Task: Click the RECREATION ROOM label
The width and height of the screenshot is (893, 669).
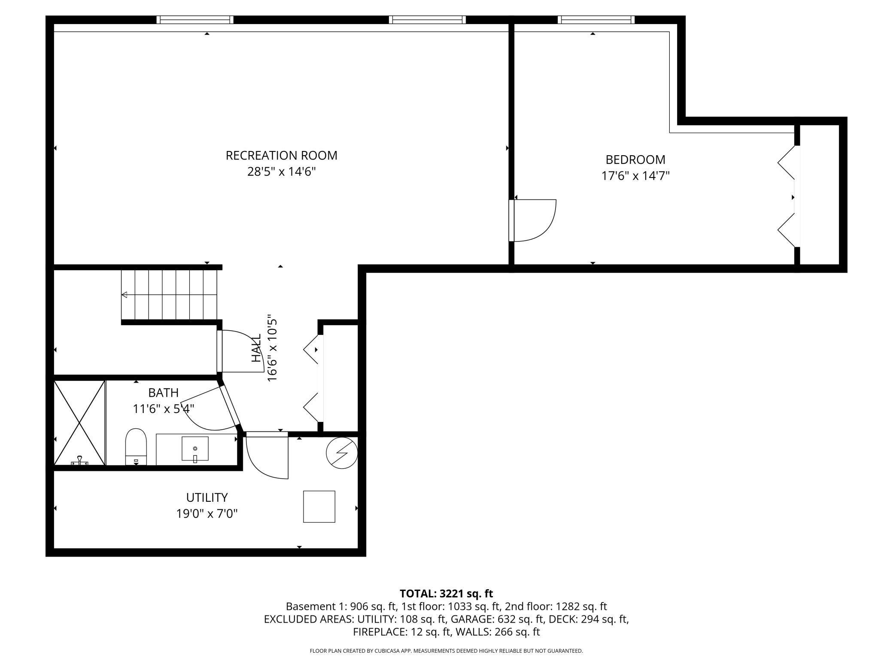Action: [281, 155]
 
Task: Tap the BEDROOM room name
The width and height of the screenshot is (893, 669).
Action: [635, 160]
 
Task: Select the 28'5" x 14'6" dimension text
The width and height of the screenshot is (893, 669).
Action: [281, 172]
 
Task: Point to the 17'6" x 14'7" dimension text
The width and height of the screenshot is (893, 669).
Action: [635, 176]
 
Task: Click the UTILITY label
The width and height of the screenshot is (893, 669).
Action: [207, 497]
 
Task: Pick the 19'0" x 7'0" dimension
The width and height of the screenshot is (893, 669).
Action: [207, 513]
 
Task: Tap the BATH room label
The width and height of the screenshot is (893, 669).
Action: [163, 392]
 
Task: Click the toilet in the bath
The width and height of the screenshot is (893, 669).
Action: [136, 446]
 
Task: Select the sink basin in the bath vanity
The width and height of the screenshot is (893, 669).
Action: [195, 449]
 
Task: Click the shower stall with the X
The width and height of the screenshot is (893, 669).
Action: [79, 423]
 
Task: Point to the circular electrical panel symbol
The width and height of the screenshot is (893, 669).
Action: [342, 453]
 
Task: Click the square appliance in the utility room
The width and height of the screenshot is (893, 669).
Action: [319, 506]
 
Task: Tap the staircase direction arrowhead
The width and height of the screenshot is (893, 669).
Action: [125, 295]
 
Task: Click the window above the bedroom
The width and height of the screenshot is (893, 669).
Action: [596, 20]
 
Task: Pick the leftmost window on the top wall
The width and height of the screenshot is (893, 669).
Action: [195, 20]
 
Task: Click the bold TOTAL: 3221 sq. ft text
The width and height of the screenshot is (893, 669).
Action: [446, 594]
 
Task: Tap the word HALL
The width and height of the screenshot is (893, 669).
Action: [256, 348]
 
